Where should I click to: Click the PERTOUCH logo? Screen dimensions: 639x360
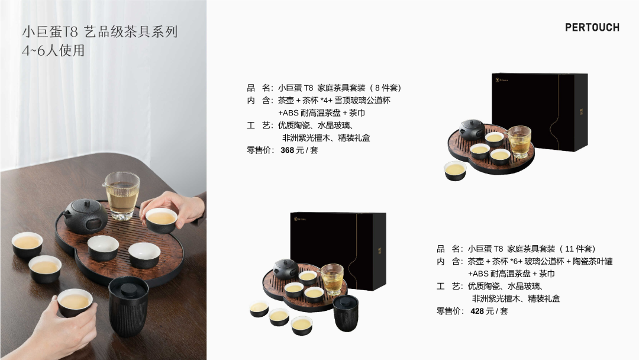(x=592, y=27)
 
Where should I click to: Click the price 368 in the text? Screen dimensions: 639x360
(x=288, y=150)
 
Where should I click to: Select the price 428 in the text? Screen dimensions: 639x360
(x=477, y=311)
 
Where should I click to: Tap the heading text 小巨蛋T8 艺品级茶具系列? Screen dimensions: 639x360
(x=100, y=31)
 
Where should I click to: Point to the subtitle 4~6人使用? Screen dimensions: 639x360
(x=53, y=50)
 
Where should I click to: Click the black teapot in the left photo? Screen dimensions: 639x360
(x=86, y=215)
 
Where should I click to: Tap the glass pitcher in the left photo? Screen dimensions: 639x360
(x=121, y=195)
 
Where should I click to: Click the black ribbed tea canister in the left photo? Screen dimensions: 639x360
(x=128, y=306)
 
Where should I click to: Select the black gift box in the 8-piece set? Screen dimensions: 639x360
(x=540, y=112)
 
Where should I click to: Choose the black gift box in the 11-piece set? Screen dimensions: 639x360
(x=338, y=250)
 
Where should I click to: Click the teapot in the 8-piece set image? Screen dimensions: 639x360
(x=472, y=129)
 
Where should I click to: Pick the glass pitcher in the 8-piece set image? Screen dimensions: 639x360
(x=518, y=142)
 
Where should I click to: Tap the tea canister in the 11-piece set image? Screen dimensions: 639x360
(x=346, y=313)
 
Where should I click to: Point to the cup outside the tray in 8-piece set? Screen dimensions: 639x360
(x=455, y=171)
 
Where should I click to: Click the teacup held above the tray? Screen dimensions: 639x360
(x=162, y=220)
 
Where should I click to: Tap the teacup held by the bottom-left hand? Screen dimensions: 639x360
(x=75, y=303)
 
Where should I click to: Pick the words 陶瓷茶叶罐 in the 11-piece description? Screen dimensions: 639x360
(x=592, y=261)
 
